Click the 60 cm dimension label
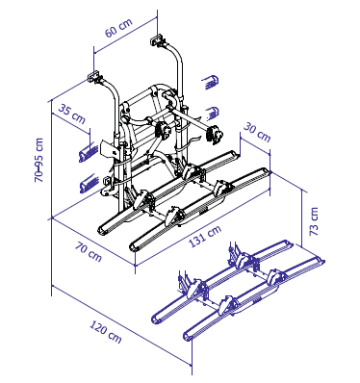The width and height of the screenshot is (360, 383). (118, 28)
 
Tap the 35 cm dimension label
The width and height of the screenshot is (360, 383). (72, 115)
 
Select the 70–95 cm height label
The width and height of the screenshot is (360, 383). (39, 161)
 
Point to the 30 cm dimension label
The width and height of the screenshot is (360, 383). (257, 132)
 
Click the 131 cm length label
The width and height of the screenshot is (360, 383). (205, 237)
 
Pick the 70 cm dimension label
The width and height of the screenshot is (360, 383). (89, 251)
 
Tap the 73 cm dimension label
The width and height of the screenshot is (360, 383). (314, 221)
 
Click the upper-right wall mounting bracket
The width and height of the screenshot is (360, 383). (158, 40)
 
